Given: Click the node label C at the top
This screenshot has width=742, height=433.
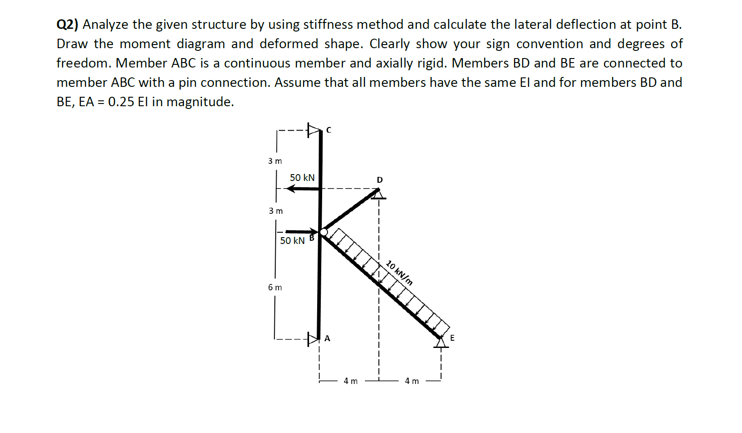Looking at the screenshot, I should pyautogui.click(x=328, y=130).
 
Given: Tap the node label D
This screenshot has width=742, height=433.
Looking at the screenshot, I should pyautogui.click(x=380, y=180).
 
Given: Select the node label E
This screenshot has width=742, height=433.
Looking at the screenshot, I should pyautogui.click(x=452, y=338).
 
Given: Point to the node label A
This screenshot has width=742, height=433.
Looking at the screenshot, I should pyautogui.click(x=328, y=338).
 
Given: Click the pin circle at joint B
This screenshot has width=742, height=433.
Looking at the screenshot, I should pyautogui.click(x=323, y=232).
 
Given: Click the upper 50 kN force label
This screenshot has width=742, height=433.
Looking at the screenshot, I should pyautogui.click(x=302, y=178).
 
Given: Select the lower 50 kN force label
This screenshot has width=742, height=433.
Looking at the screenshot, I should pyautogui.click(x=292, y=241).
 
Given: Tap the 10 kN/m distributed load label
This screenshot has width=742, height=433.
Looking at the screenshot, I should pyautogui.click(x=400, y=273).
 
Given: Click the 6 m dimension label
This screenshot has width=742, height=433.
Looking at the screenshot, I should pyautogui.click(x=275, y=287).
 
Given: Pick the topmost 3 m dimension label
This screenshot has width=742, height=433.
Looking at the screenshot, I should pyautogui.click(x=275, y=161).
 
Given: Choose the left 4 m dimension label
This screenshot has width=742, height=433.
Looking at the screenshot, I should pyautogui.click(x=351, y=381).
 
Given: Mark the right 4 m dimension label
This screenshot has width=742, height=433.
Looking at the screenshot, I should pyautogui.click(x=412, y=381).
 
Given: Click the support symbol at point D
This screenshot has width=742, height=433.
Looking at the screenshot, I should pyautogui.click(x=380, y=194).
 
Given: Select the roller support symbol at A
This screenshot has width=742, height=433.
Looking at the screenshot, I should pyautogui.click(x=313, y=338).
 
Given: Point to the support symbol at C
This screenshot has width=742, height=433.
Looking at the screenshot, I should pyautogui.click(x=313, y=130).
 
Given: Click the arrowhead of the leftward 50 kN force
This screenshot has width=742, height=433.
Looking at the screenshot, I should pyautogui.click(x=291, y=189).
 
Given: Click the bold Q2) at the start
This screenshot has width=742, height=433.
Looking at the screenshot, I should pyautogui.click(x=67, y=24).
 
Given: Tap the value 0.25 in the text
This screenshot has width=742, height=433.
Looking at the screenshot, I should pyautogui.click(x=121, y=102).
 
